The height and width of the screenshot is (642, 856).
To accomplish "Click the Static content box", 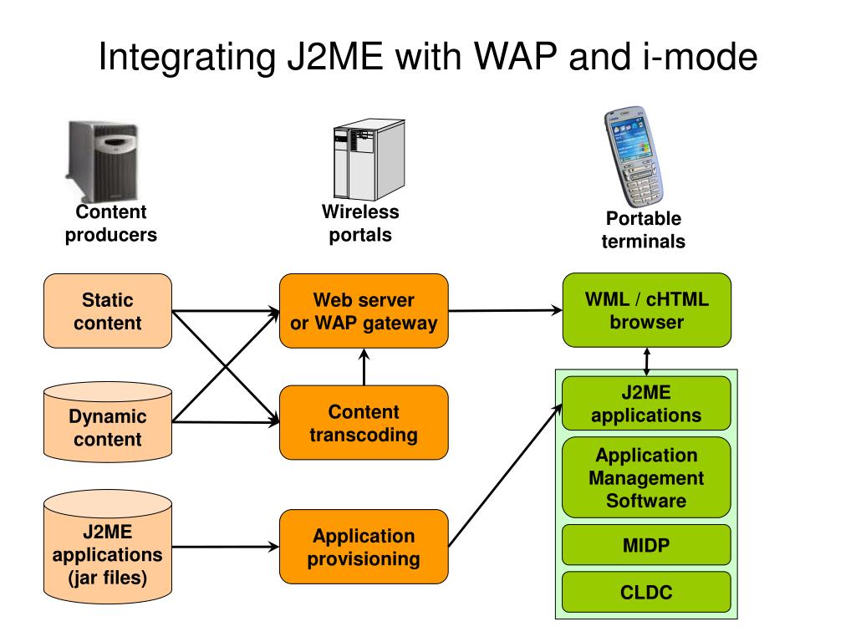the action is (x=108, y=311).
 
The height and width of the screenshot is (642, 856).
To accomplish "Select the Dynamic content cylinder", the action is (x=108, y=422).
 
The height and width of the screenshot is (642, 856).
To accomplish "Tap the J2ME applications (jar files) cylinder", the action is (x=108, y=547).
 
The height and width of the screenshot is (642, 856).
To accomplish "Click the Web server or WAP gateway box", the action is (x=364, y=311).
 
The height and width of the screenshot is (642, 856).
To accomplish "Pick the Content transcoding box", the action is (x=364, y=422).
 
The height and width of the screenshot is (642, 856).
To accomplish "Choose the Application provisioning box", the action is (x=364, y=547).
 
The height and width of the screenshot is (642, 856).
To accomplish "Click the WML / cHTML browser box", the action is (x=646, y=310).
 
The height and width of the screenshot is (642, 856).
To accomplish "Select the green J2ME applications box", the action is (x=646, y=404).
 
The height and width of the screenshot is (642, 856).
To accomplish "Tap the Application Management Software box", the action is (x=646, y=477).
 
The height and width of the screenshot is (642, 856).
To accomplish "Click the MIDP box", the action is (x=646, y=545).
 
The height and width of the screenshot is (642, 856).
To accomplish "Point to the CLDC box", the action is (x=646, y=593).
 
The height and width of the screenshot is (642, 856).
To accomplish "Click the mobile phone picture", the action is (x=634, y=156).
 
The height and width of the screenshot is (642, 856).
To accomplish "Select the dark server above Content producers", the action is (x=103, y=161).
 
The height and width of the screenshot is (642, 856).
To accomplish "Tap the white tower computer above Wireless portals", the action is (x=369, y=160).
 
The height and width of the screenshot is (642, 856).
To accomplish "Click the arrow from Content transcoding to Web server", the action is (x=364, y=367).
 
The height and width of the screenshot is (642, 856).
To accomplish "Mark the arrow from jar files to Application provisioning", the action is (x=226, y=547).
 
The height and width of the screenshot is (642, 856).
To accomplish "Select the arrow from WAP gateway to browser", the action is (x=505, y=311).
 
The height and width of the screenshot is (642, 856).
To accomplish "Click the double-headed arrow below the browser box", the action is (x=647, y=361).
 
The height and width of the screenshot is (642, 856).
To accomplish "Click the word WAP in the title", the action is (x=515, y=56).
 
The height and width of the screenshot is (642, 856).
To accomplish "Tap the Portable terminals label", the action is (x=643, y=230).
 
